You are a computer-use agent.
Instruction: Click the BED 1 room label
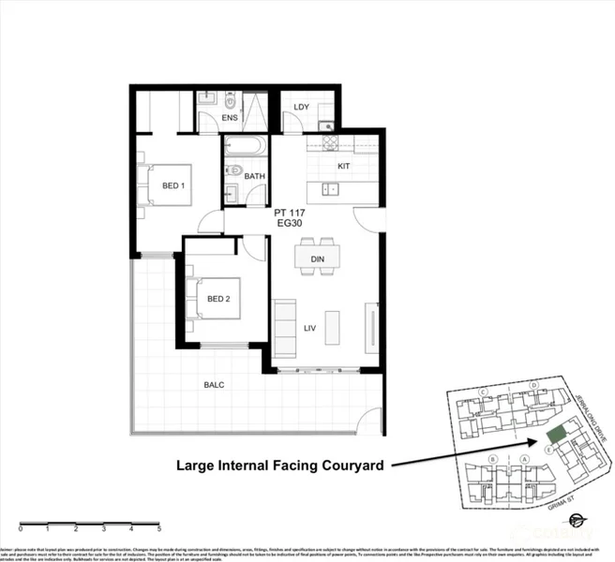click(x=172, y=185)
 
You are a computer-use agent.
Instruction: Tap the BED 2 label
click(x=217, y=299)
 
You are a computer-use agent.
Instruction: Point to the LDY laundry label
click(x=301, y=107)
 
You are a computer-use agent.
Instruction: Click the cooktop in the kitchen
click(x=329, y=142)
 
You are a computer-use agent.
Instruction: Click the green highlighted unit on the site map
click(x=556, y=434)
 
